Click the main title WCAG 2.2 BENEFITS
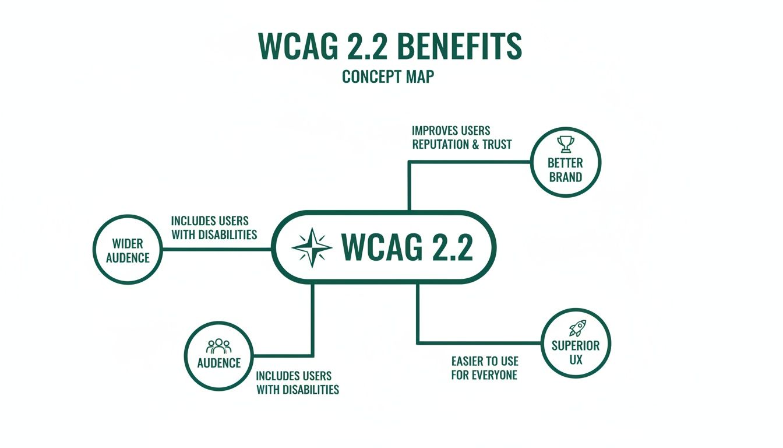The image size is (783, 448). pyautogui.click(x=389, y=47)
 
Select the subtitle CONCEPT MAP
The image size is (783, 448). pyautogui.click(x=389, y=76)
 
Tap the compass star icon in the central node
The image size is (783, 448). pyautogui.click(x=312, y=247)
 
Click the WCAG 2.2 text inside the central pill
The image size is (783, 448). pyautogui.click(x=407, y=248)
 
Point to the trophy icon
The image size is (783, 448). pyautogui.click(x=565, y=143)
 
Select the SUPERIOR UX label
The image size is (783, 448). pyautogui.click(x=575, y=352)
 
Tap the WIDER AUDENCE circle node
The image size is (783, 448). pyautogui.click(x=128, y=250)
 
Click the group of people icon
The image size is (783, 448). pyautogui.click(x=219, y=346)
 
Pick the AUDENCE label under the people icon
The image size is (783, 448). pyautogui.click(x=219, y=363)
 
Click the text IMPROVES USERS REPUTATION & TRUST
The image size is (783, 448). pyautogui.click(x=461, y=137)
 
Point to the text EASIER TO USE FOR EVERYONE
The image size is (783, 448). pyautogui.click(x=484, y=368)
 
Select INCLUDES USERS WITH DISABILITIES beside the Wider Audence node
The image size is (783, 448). pyautogui.click(x=214, y=228)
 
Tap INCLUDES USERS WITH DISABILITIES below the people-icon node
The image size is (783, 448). pyautogui.click(x=298, y=383)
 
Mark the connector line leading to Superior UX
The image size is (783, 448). pyautogui.click(x=478, y=342)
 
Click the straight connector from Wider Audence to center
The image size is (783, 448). pyautogui.click(x=216, y=249)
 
